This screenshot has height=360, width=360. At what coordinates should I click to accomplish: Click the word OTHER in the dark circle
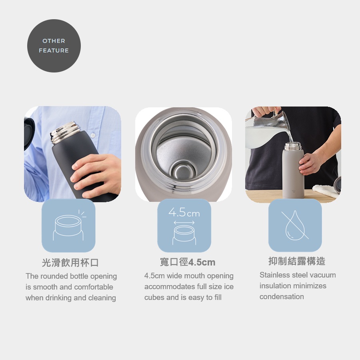54,41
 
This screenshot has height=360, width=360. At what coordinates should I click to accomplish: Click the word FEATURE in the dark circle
54,50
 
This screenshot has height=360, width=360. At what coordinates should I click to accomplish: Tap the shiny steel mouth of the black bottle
65,132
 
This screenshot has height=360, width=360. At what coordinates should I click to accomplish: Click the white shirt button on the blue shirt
93,135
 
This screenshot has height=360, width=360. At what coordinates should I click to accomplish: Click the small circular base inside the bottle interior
183,171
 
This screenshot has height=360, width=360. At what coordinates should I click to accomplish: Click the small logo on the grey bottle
294,191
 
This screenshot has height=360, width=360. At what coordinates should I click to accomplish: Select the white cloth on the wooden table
326,190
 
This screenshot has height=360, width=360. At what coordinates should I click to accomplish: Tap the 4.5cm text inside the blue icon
184,212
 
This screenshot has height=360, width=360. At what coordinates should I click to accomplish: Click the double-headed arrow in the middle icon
184,223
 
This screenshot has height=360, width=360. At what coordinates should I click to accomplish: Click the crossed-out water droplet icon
295,225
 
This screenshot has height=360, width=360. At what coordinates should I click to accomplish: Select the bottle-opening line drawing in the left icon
68,227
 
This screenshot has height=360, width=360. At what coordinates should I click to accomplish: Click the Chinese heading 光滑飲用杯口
70,263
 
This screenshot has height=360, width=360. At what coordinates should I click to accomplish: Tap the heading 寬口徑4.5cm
188,262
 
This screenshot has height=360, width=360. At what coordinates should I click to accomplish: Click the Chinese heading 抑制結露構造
297,261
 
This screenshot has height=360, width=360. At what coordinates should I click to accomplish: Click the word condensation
282,297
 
